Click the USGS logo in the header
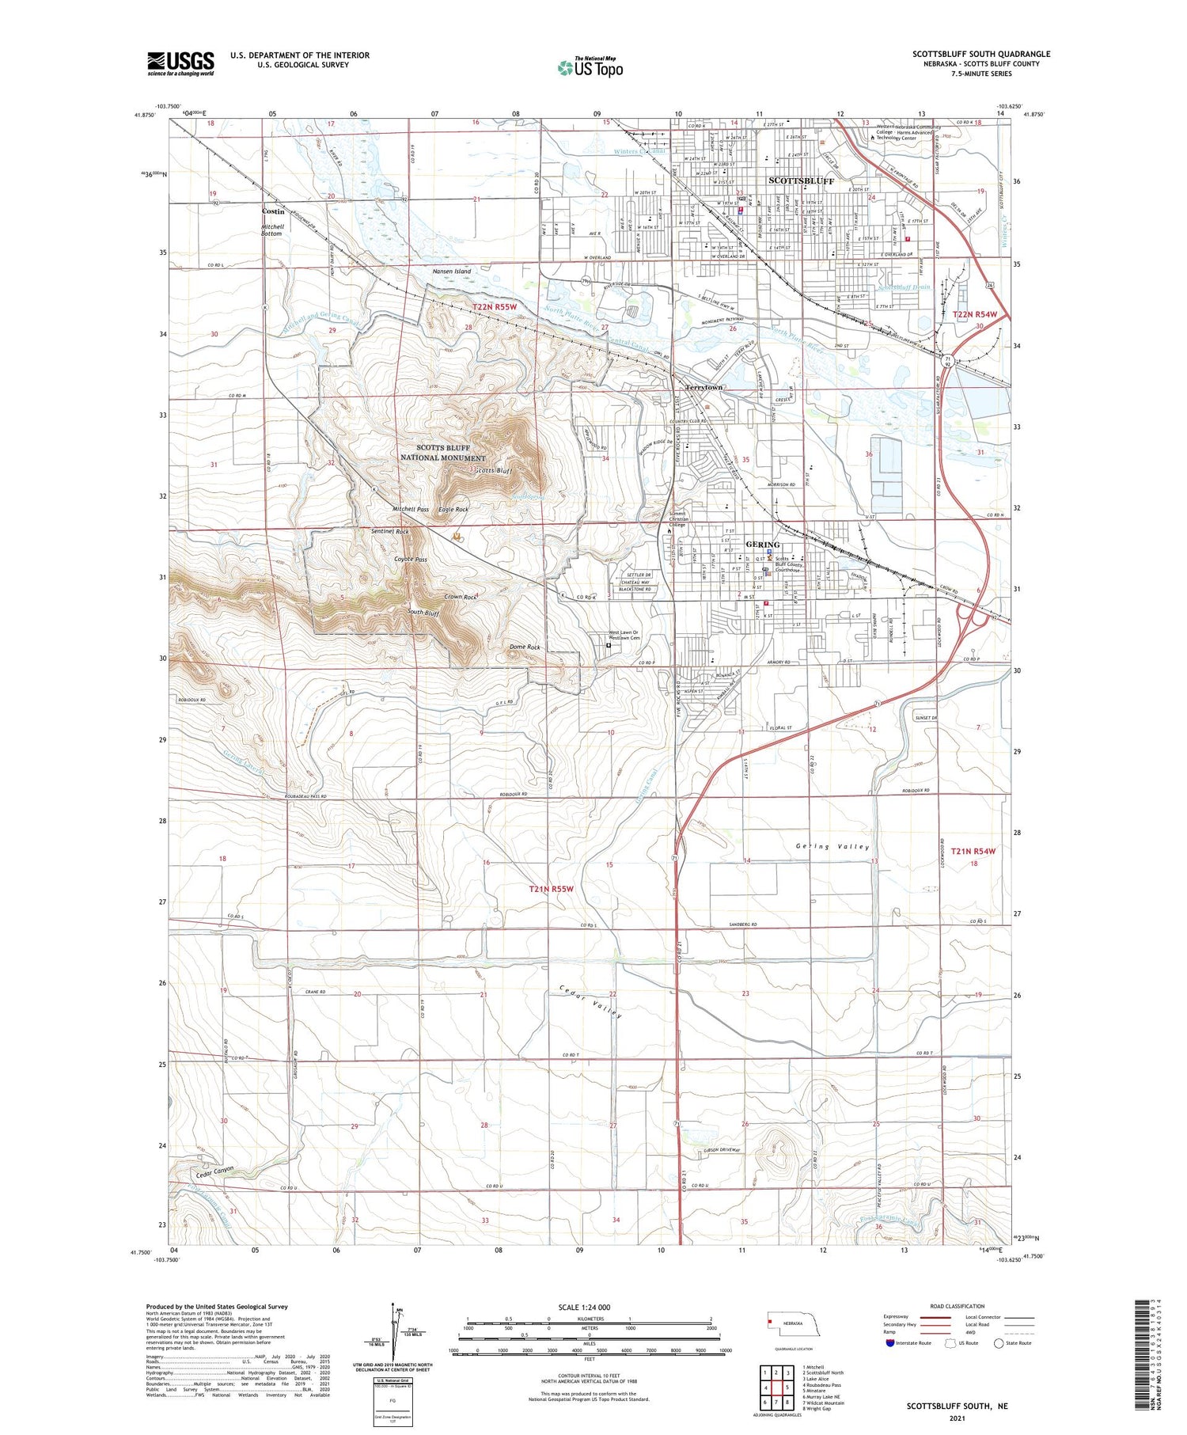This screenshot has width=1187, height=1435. tap(180, 63)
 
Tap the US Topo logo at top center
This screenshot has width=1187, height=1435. tap(590, 67)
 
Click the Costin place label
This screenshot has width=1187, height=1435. tap(273, 212)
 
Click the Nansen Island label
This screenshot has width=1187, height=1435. tap(451, 271)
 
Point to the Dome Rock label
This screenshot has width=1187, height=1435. tap(524, 647)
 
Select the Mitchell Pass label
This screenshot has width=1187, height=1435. tap(411, 509)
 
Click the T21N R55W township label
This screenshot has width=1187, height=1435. tap(551, 889)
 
